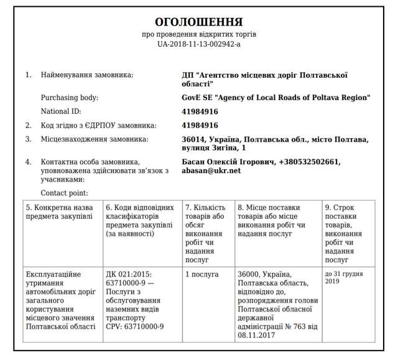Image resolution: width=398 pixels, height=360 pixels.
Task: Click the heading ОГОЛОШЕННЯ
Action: click(x=199, y=22)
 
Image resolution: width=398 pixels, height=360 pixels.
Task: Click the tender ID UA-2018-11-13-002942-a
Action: click(x=199, y=44)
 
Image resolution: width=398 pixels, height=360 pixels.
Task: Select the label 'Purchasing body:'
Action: click(x=70, y=98)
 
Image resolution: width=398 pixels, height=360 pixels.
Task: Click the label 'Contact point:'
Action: click(x=65, y=193)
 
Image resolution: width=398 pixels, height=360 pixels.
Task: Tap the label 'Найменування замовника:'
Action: click(x=87, y=75)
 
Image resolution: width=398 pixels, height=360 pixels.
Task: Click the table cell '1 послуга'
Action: click(x=202, y=274)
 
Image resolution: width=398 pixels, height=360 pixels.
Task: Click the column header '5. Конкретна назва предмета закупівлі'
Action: click(x=60, y=211)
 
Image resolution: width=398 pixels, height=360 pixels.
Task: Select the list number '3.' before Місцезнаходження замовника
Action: click(x=28, y=139)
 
